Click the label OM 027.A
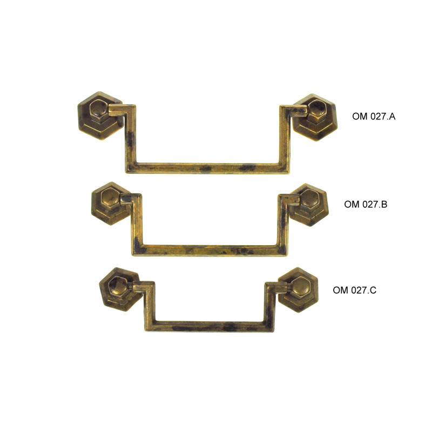point(374,117)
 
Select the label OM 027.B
point(366,204)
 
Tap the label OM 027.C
point(354,290)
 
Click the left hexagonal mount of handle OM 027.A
point(100,116)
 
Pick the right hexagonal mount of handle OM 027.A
point(315,117)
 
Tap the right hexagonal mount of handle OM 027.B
point(309,205)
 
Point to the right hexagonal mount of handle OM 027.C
point(299,289)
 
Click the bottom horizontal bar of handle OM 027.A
point(208,168)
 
